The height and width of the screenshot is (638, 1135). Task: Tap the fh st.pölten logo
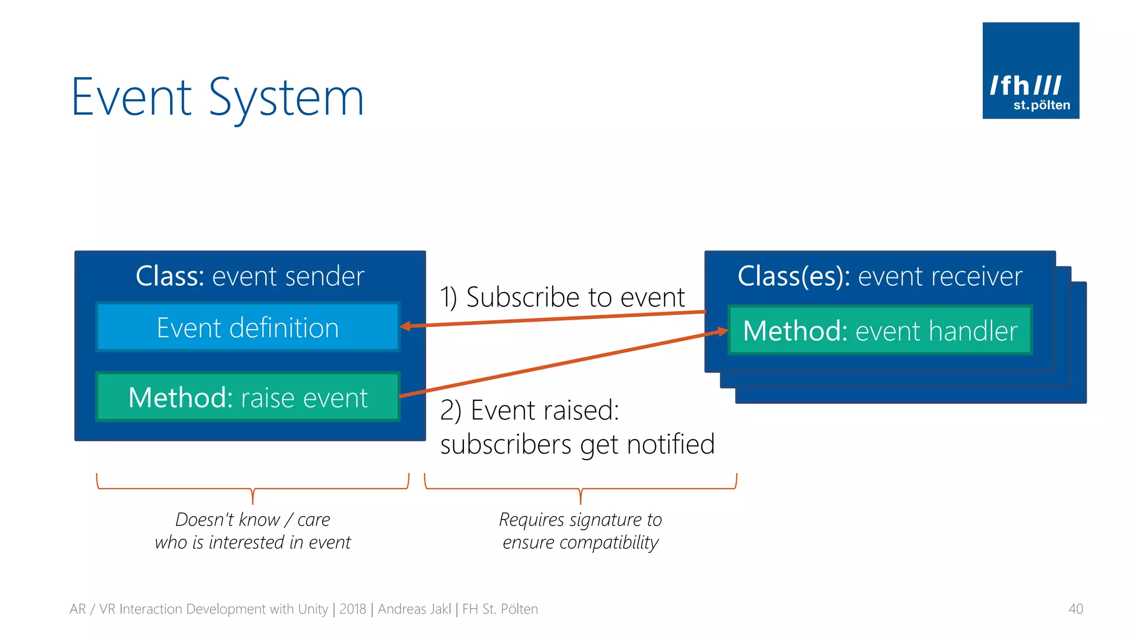pos(1030,70)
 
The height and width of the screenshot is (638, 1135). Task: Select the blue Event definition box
pos(248,327)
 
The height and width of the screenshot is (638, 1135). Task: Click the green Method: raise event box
pos(248,397)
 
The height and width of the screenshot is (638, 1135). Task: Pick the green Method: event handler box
pos(880,331)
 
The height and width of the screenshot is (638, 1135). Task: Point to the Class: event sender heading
pos(250,276)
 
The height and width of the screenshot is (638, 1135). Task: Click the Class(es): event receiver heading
pos(880,276)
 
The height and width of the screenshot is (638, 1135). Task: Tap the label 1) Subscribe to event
pos(562,297)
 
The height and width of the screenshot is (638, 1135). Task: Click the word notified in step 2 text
pos(671,444)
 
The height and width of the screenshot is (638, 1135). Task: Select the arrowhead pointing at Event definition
pos(406,326)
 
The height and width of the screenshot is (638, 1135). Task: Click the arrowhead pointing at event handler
pos(722,331)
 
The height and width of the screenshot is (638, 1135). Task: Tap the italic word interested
pos(246,542)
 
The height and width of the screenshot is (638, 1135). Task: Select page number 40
pos(1075,609)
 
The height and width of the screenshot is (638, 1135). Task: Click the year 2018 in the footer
pos(352,609)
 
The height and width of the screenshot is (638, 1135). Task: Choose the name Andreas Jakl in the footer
pos(414,609)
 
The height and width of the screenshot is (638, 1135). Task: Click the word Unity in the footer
pos(313,609)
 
